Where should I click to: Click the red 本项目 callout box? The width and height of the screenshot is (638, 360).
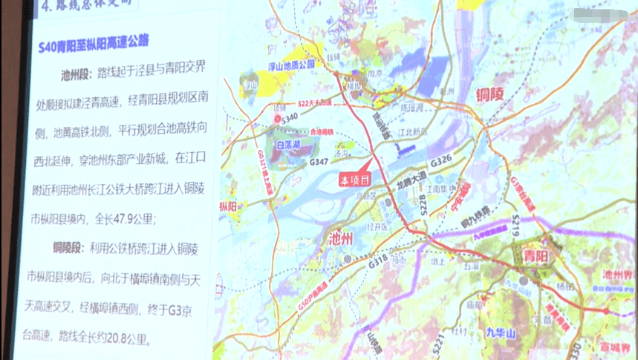tap(354, 180)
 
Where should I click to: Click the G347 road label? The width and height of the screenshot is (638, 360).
tap(319, 161)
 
